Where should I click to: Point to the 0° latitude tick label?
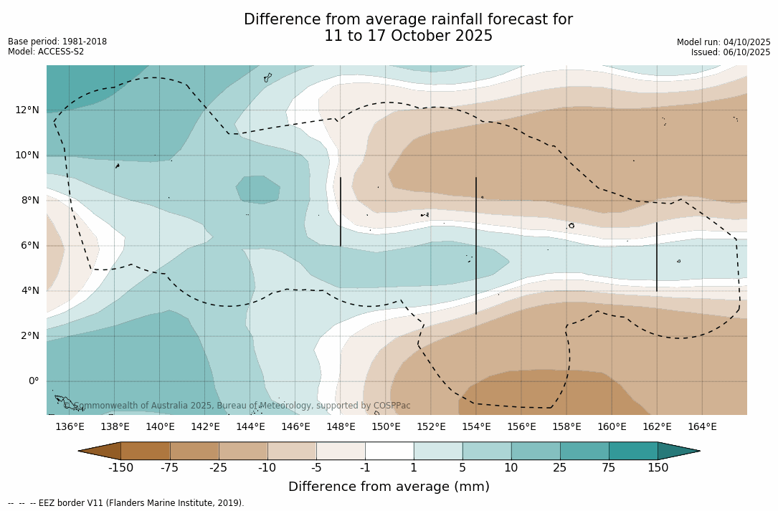(33, 381)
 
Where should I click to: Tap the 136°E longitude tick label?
(70, 427)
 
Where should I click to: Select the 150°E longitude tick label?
(386, 427)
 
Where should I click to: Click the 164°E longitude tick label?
(702, 427)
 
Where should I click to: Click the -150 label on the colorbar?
(120, 468)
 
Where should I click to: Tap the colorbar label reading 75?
(609, 468)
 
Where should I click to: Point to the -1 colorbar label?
(365, 468)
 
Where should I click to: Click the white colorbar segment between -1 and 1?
(389, 451)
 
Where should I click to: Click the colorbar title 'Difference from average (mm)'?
(389, 487)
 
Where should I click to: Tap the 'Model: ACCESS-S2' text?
(46, 52)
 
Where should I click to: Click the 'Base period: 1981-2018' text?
(57, 42)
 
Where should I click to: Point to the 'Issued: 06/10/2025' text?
(731, 52)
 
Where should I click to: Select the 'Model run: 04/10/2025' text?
(724, 42)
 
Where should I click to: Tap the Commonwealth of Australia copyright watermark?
(237, 406)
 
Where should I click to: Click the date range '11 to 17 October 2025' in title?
(408, 36)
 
